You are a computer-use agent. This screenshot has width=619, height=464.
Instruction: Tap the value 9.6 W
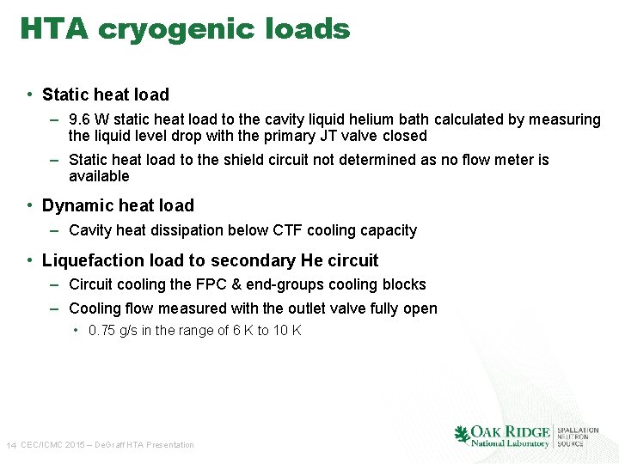click(89, 119)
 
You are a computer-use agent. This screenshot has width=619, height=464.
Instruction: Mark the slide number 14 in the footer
click(11, 445)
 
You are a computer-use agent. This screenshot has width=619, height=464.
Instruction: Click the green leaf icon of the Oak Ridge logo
click(463, 434)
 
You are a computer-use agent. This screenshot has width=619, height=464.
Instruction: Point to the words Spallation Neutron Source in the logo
click(578, 437)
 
